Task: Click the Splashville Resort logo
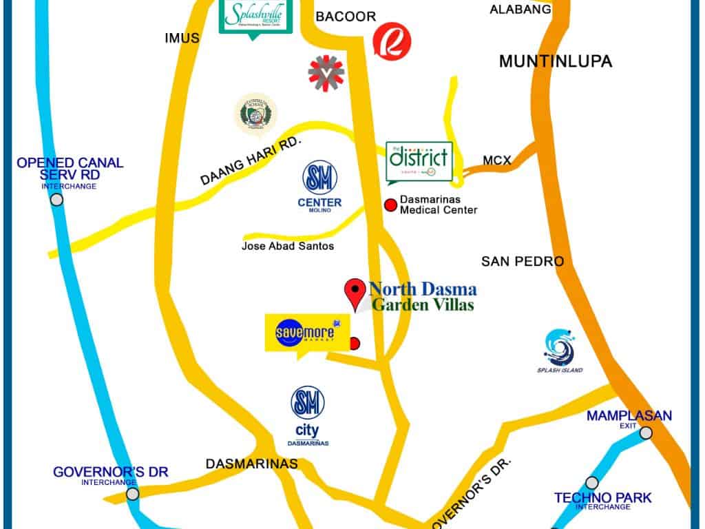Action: (x=255, y=15)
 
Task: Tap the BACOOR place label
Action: (x=345, y=17)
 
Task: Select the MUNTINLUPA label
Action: (x=555, y=61)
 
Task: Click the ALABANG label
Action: (x=520, y=10)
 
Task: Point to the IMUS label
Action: (x=182, y=38)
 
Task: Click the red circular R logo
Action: (x=392, y=41)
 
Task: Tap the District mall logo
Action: (x=419, y=161)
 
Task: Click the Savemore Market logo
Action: (x=299, y=333)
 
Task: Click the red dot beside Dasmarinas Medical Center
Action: (x=391, y=205)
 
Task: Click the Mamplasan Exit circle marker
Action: (x=646, y=433)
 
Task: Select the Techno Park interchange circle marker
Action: (x=591, y=483)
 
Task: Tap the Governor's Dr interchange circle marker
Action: (x=132, y=494)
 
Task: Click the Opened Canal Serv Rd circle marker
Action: (x=57, y=200)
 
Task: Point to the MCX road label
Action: (x=496, y=160)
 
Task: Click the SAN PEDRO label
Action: (x=522, y=262)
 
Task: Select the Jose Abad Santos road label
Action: (x=287, y=246)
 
